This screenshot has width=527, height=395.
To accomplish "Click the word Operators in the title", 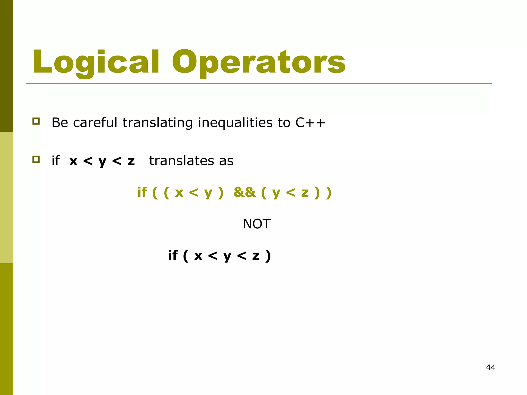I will coord(259,62).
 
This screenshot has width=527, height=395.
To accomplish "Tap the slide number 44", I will coord(490,367).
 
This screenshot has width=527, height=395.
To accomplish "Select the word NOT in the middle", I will coord(257,224).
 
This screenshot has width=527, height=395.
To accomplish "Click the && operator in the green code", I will coord(244,192).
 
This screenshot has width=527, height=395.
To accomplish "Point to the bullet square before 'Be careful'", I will coord(36,121).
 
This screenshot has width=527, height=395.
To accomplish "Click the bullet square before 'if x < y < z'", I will coord(36,159).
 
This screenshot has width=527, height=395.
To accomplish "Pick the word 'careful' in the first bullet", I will coord(95,122).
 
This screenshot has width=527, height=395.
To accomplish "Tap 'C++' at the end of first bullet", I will coord(310,122).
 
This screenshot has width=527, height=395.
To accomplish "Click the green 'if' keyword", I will coord(142,192).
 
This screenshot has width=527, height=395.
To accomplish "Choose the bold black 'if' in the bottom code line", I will coord(173,255).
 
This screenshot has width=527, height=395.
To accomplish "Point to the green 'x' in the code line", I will coord(179,193).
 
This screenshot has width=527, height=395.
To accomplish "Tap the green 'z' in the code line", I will coord(305,193).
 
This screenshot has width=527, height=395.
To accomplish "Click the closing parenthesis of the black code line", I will coord(268,255).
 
